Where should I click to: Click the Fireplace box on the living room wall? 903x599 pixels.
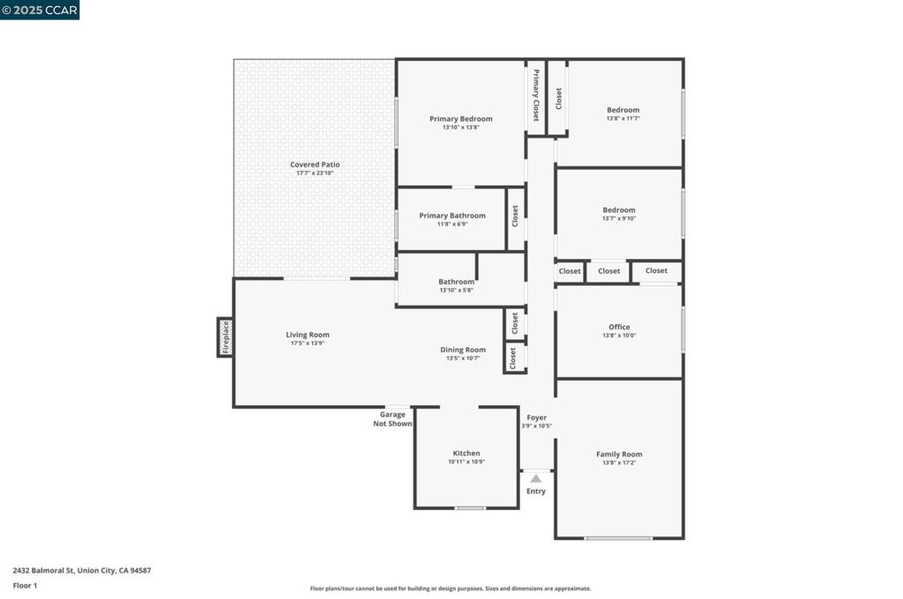click(226, 337)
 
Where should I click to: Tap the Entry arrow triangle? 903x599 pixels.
click(535, 478)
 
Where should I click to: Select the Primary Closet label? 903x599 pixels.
click(536, 95)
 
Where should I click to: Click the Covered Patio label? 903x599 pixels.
click(315, 165)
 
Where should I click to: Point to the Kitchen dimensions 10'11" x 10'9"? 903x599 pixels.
click(466, 462)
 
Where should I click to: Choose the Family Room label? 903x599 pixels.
click(619, 455)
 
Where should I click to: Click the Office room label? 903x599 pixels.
click(619, 327)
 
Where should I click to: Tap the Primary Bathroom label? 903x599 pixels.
click(452, 216)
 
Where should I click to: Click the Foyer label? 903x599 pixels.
click(536, 418)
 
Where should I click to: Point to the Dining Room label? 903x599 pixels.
click(463, 350)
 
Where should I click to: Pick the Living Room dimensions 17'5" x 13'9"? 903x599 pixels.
click(308, 343)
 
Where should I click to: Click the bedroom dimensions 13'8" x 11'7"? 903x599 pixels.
click(623, 118)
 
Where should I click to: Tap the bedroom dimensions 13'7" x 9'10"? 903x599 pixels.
click(619, 218)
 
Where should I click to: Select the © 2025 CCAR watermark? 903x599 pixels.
click(40, 10)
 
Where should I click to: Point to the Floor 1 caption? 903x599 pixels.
click(25, 585)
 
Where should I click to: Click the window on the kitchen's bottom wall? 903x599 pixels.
click(470, 507)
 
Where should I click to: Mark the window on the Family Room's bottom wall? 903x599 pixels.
click(619, 537)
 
